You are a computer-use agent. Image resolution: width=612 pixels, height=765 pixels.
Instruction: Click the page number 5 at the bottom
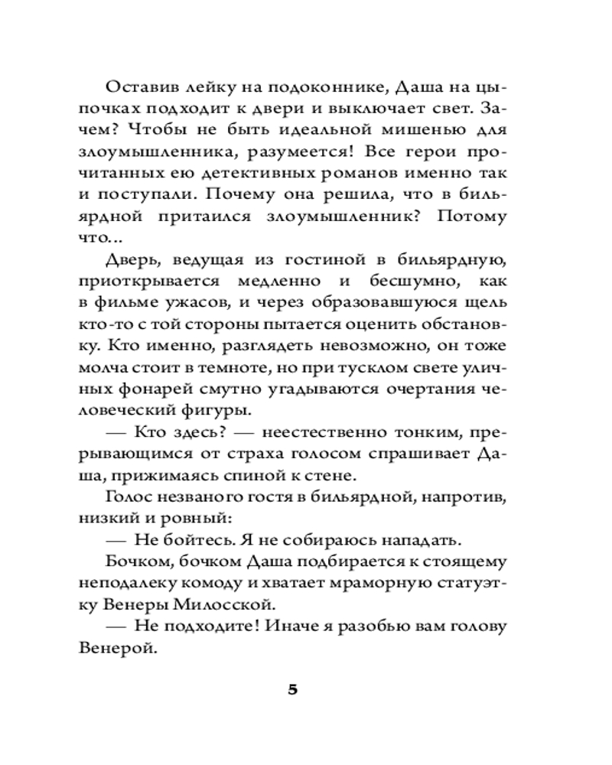(293, 688)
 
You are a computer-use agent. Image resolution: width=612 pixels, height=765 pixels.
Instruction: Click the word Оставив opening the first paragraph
(144, 86)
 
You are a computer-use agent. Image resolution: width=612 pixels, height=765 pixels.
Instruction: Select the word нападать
(422, 540)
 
